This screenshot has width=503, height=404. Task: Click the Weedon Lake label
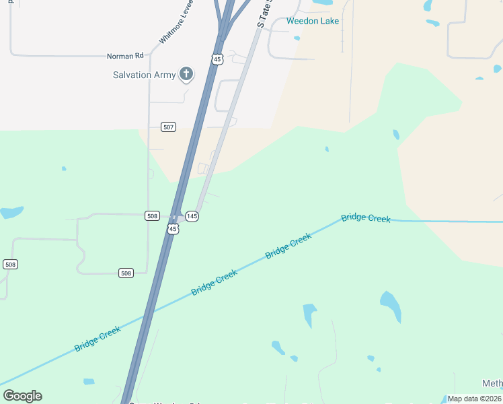coord(313,21)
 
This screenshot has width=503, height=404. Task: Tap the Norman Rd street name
coord(126,57)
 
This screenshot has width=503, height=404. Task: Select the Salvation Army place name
coord(144,75)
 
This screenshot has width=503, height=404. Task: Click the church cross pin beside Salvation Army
coord(186,75)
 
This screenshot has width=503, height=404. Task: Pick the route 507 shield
coord(169,127)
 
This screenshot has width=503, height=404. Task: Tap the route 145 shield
coord(192,216)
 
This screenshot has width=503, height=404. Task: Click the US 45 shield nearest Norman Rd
coord(217,59)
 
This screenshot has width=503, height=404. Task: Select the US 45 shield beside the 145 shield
coord(173,230)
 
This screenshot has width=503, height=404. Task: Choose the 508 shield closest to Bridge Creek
coord(126,273)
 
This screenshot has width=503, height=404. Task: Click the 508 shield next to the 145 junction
coord(152,216)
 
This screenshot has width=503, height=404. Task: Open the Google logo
coord(22,396)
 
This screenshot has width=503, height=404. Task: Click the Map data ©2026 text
coord(475,399)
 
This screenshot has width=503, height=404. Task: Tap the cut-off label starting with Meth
coord(492,384)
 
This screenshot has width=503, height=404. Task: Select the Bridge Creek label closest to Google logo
coord(98,338)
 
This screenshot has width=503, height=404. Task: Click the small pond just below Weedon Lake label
coord(297,38)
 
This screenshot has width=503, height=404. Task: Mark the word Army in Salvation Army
coord(165,75)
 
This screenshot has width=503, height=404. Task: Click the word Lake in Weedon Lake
coord(329,21)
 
